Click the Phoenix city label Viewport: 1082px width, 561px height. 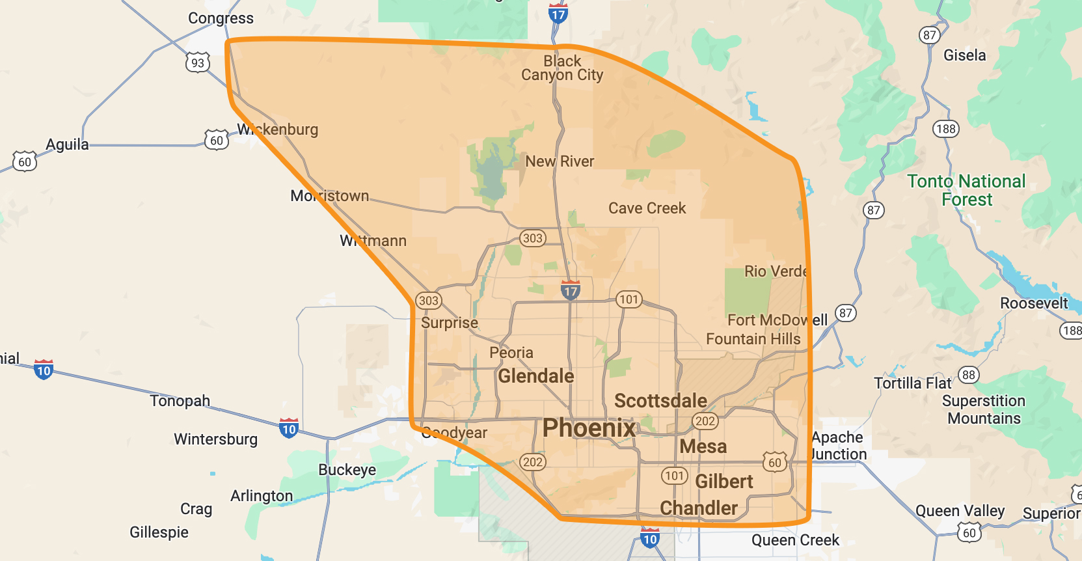pos(589,428)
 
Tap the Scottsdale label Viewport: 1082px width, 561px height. pos(660,401)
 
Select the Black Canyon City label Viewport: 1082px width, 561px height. pos(562,68)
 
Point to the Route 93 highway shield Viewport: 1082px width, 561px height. pos(198,62)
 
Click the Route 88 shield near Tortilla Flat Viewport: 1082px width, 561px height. pos(968,375)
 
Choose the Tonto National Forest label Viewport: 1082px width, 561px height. pos(966,190)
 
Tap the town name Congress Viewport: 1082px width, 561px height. pos(221,18)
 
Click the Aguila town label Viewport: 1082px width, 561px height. pos(67,144)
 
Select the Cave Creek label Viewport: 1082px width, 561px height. pos(647,208)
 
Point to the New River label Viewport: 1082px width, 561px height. pos(560,161)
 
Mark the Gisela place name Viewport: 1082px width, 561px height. pos(964,55)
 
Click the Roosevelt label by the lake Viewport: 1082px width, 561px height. pos(1034,303)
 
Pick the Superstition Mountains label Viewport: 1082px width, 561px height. pos(983,409)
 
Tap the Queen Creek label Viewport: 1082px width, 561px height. pos(795,540)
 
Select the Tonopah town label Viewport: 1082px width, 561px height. pos(180,400)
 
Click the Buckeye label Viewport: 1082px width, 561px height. pos(347,470)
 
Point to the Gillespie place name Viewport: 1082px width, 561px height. pos(159,532)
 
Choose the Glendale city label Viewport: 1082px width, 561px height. pos(535,376)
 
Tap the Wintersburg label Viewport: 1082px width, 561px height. pos(215,439)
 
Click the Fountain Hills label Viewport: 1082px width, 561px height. pos(753,339)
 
